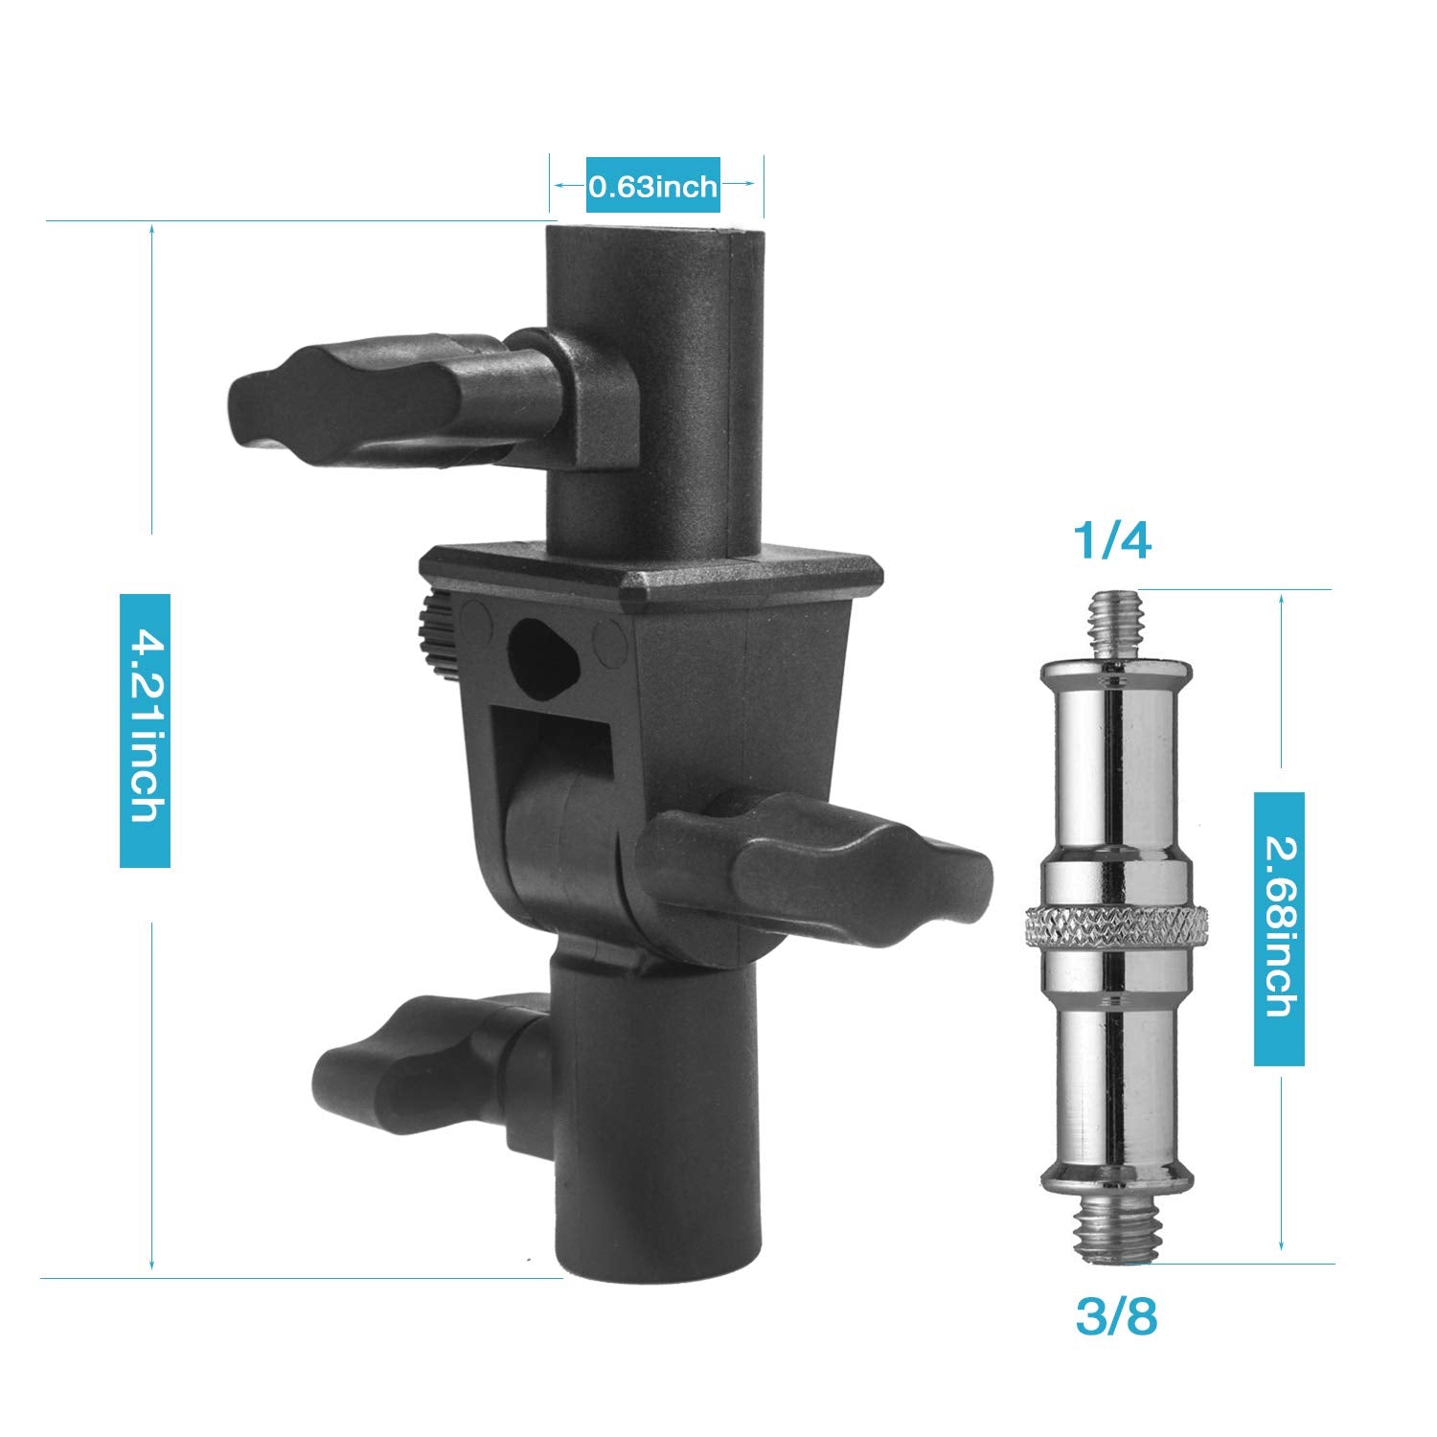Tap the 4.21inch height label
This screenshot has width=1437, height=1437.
[145, 731]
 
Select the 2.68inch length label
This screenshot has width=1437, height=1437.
[1279, 928]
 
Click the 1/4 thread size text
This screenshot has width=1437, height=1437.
[1111, 542]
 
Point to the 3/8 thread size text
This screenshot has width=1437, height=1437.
[1115, 1317]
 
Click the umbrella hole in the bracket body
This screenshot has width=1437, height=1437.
[543, 651]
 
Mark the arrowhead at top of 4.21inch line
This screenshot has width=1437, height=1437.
[151, 231]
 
